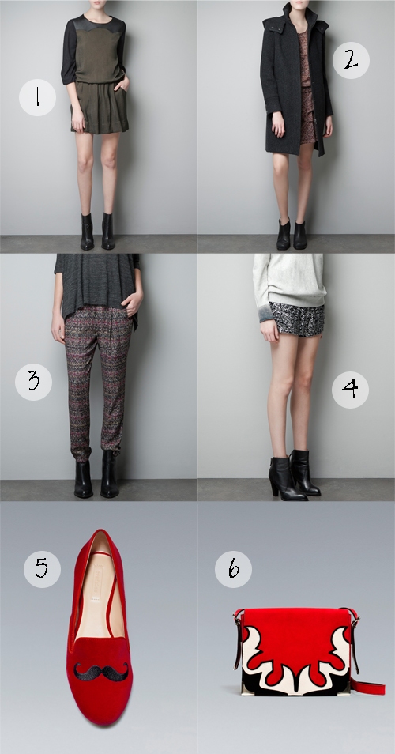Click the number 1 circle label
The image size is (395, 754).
(37, 98)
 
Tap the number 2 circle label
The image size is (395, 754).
(351, 61)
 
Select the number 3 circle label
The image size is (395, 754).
(34, 382)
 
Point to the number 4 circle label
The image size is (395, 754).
(350, 390)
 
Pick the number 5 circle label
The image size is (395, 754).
(43, 569)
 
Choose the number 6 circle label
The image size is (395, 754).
(234, 569)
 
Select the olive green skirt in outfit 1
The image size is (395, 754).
(100, 107)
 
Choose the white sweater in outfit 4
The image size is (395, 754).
(289, 281)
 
